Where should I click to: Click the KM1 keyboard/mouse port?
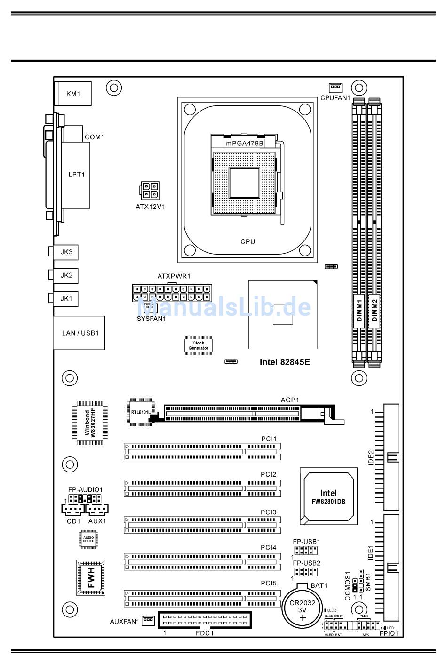(73, 94)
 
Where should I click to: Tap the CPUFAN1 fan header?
(335, 88)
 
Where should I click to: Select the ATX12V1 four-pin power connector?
(150, 191)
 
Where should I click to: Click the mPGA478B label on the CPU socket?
(244, 144)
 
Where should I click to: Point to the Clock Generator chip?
(199, 345)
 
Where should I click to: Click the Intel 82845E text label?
(285, 362)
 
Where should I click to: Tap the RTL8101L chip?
(141, 412)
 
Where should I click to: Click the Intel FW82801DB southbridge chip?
(328, 497)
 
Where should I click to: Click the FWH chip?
(91, 577)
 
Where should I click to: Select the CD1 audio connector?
(72, 509)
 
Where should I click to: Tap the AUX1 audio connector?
(97, 509)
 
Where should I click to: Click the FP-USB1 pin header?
(306, 551)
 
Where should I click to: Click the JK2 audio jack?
(66, 275)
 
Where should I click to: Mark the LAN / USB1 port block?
(79, 333)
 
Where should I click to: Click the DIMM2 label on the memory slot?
(375, 311)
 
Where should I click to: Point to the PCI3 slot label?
(268, 512)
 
